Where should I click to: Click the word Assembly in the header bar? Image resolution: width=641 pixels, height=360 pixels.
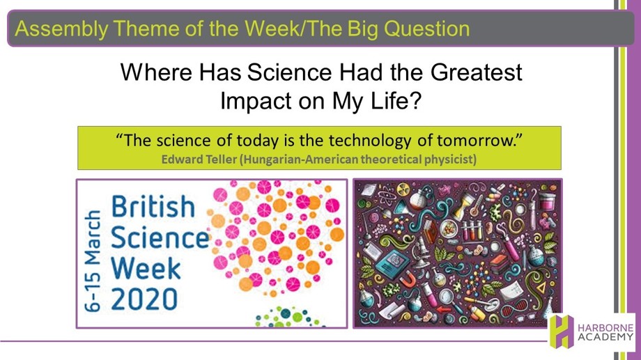[x=61, y=29]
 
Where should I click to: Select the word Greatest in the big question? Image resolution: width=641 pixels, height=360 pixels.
[x=477, y=72]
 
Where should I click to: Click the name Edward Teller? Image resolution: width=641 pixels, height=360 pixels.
[x=199, y=159]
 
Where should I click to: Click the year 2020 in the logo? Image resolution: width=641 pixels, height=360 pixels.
[x=144, y=299]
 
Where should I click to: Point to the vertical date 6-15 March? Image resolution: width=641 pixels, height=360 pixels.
[x=93, y=260]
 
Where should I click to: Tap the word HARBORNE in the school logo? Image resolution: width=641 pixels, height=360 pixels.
[x=606, y=328]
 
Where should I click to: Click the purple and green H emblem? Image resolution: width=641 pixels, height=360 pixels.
[x=562, y=331]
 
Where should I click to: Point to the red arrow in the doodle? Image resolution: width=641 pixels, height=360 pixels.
[x=443, y=310]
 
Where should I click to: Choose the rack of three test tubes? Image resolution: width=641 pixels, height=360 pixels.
[x=472, y=232]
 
